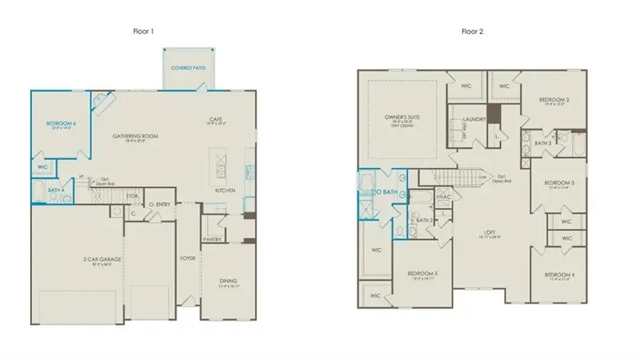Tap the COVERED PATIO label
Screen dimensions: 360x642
pos(188,68)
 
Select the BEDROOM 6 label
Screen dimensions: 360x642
pos(61,123)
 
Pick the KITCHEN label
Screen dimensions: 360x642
pos(225,190)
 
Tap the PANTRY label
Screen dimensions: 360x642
pos(212,239)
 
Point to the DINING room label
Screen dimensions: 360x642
pos(228,281)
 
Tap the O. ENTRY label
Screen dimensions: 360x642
pos(159,205)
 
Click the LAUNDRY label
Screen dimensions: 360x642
pos(474,119)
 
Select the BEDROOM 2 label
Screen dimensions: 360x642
pos(553,100)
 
